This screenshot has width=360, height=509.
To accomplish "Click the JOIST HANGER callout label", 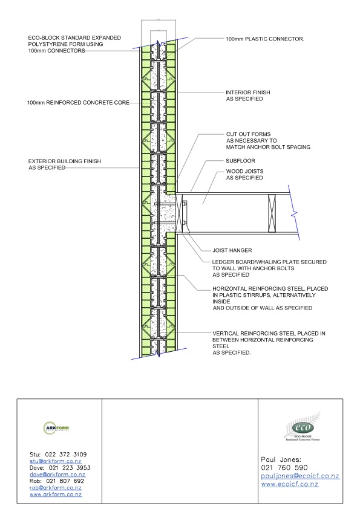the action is [x=232, y=250].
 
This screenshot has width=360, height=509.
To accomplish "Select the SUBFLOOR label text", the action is [x=240, y=161].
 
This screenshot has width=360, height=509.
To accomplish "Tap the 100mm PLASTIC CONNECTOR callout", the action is [x=265, y=39].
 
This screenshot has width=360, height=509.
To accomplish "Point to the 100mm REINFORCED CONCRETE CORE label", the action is [x=78, y=103].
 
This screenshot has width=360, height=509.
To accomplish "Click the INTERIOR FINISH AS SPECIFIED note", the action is [x=248, y=96].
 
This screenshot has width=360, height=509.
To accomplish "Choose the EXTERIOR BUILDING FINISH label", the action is [x=65, y=164].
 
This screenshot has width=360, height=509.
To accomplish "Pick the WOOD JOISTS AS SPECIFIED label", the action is [x=244, y=174].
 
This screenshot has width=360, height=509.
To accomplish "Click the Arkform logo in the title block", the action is [x=56, y=428].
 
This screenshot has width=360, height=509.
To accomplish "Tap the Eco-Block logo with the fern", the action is [x=302, y=427].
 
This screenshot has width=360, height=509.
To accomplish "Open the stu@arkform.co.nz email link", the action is [x=56, y=461].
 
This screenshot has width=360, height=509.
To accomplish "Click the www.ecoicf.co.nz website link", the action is [x=289, y=484].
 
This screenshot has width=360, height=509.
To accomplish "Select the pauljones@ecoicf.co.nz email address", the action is [x=300, y=476].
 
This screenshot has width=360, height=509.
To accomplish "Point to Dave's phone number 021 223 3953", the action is [x=70, y=468].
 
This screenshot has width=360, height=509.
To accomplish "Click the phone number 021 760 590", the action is [x=284, y=467].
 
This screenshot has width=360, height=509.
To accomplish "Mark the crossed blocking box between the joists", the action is [x=272, y=213].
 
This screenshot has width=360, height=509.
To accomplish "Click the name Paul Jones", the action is [x=281, y=459].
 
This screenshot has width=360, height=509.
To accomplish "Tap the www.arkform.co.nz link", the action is [x=56, y=494].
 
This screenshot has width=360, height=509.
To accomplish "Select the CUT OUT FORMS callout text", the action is [x=269, y=141].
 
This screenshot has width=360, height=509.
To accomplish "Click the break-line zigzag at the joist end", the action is [x=295, y=213].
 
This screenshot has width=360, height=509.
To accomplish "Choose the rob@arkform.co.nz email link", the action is [x=56, y=488].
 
